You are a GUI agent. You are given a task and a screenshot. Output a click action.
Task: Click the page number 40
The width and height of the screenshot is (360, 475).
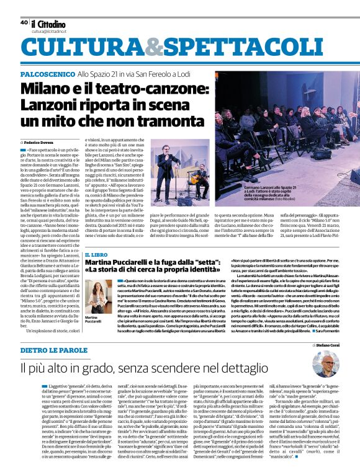[x=24, y=22]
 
